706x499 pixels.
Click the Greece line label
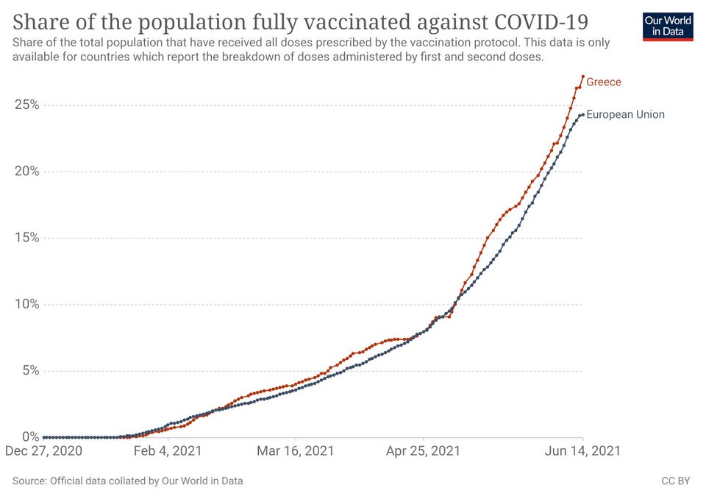603,82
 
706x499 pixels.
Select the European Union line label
625,115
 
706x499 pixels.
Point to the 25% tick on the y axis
27,105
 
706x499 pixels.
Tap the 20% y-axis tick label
27,171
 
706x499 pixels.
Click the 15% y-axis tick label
27,238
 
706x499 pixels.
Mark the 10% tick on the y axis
27,304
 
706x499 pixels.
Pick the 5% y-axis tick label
30,370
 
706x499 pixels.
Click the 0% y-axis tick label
30,436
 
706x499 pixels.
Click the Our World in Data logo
668,26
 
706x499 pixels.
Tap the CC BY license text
675,481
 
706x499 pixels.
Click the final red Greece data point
582,77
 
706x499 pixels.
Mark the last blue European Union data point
582,115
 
